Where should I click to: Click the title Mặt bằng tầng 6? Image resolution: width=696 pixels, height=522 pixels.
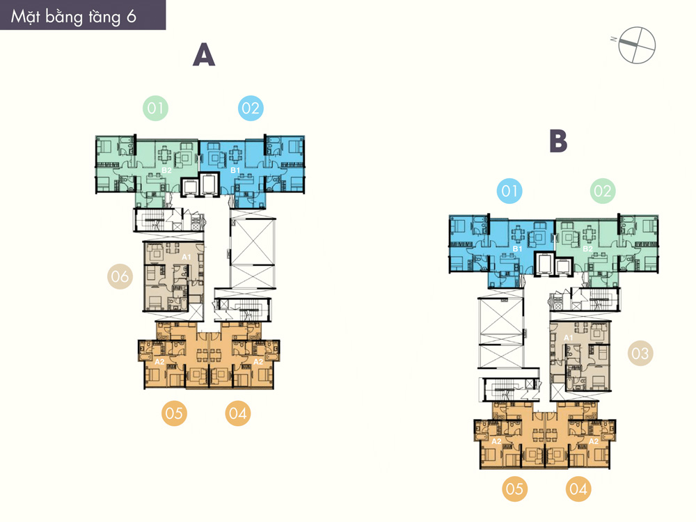pos(73,17)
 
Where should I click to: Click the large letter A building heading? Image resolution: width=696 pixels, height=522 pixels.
pos(204,55)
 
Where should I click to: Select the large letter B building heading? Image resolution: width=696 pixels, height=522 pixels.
pos(558,141)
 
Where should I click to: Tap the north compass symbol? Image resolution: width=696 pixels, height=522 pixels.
pos(637,45)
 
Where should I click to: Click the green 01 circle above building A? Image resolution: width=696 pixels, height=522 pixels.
pos(155,109)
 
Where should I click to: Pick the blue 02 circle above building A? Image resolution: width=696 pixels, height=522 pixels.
pos(251,109)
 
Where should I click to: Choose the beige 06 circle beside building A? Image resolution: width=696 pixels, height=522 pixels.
pos(120,276)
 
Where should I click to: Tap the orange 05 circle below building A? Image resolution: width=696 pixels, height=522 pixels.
pos(174,413)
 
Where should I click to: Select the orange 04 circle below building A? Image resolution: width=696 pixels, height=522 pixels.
pos(238,413)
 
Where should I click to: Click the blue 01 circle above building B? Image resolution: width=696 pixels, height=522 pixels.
pos(509,191)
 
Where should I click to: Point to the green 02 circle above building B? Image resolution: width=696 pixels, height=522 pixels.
pos(602,191)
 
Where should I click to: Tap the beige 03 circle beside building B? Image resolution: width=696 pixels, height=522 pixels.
pos(640,354)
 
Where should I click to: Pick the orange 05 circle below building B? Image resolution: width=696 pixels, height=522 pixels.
pos(514,489)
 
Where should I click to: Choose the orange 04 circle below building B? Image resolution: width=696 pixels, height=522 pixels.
pos(578,489)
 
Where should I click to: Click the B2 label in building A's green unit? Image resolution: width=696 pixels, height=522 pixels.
pos(166,171)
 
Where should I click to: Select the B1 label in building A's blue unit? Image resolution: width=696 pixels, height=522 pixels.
pos(235,171)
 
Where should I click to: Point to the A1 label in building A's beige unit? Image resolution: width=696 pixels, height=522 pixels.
pos(187,257)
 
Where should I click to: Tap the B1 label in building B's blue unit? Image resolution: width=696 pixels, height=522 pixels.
pos(518,249)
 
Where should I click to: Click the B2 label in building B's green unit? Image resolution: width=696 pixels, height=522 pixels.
pos(587,249)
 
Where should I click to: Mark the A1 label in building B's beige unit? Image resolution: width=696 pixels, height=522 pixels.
pos(569,338)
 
